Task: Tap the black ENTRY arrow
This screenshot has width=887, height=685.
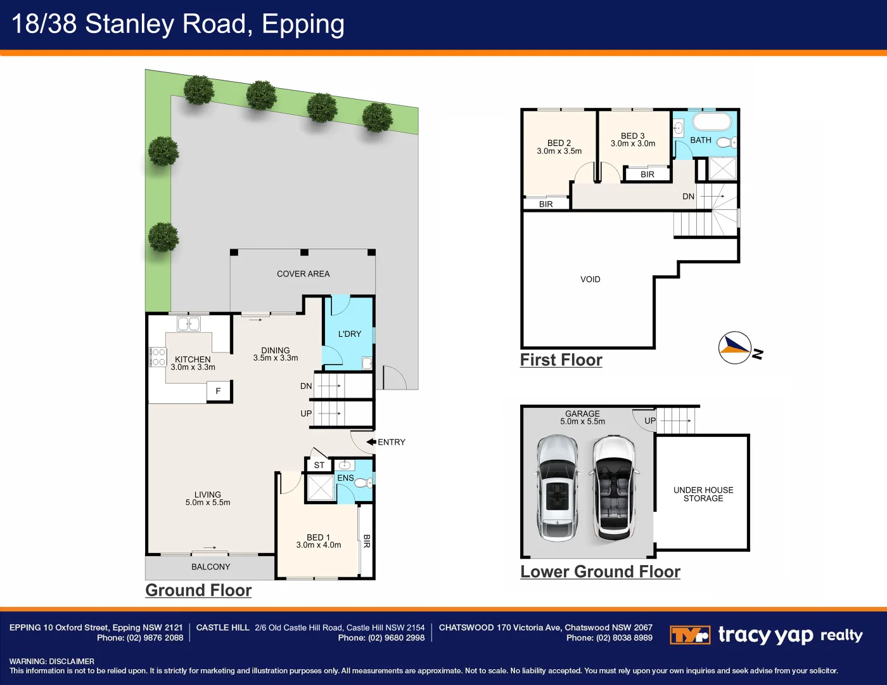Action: tap(371, 442)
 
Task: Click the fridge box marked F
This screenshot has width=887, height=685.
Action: tap(219, 391)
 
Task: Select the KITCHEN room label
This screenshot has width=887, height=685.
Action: tap(193, 360)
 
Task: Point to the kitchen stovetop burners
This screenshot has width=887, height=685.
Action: tap(158, 357)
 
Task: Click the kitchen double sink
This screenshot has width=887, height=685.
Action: tap(188, 324)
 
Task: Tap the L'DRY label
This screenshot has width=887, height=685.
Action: tap(349, 334)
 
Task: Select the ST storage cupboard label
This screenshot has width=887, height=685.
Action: tap(319, 465)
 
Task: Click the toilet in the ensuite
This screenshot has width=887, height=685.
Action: tap(363, 483)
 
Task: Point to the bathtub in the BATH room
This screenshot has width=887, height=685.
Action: tap(712, 122)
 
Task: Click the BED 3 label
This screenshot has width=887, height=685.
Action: tap(632, 136)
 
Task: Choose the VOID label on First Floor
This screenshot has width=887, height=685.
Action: tap(590, 279)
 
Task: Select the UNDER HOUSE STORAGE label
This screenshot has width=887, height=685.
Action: tap(703, 494)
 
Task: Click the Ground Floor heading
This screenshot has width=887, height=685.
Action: tap(198, 590)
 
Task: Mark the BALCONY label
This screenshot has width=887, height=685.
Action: tap(210, 567)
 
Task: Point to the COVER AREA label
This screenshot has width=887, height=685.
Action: tap(303, 274)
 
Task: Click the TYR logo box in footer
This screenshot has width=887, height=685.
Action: tap(689, 635)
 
